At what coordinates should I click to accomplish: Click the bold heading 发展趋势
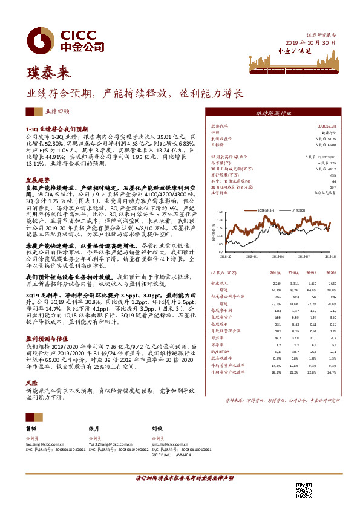[x=36, y=180]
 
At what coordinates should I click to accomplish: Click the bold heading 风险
[x=31, y=383]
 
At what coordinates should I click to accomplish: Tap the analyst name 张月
[x=94, y=427]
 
